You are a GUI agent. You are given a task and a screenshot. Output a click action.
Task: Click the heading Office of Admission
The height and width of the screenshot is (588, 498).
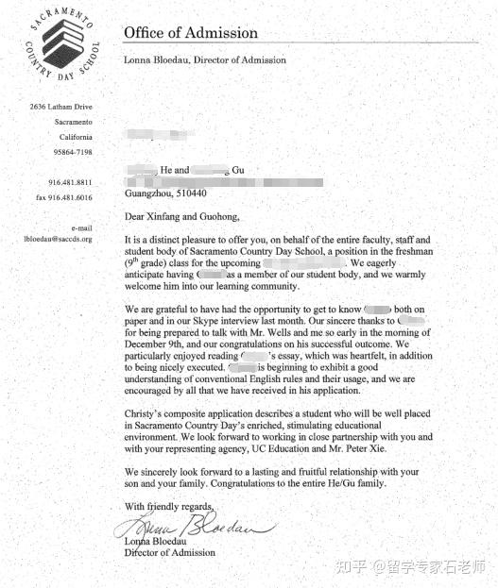click(x=190, y=33)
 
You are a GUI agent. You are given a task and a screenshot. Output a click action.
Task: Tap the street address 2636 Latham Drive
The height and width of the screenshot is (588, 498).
click(x=60, y=107)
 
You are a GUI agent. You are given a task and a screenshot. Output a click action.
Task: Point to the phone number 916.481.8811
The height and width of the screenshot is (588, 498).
click(x=70, y=182)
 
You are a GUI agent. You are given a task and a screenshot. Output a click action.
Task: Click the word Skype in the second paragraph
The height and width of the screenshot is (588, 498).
click(x=209, y=320)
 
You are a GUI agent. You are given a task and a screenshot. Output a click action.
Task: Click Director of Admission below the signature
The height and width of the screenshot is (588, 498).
click(x=169, y=553)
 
